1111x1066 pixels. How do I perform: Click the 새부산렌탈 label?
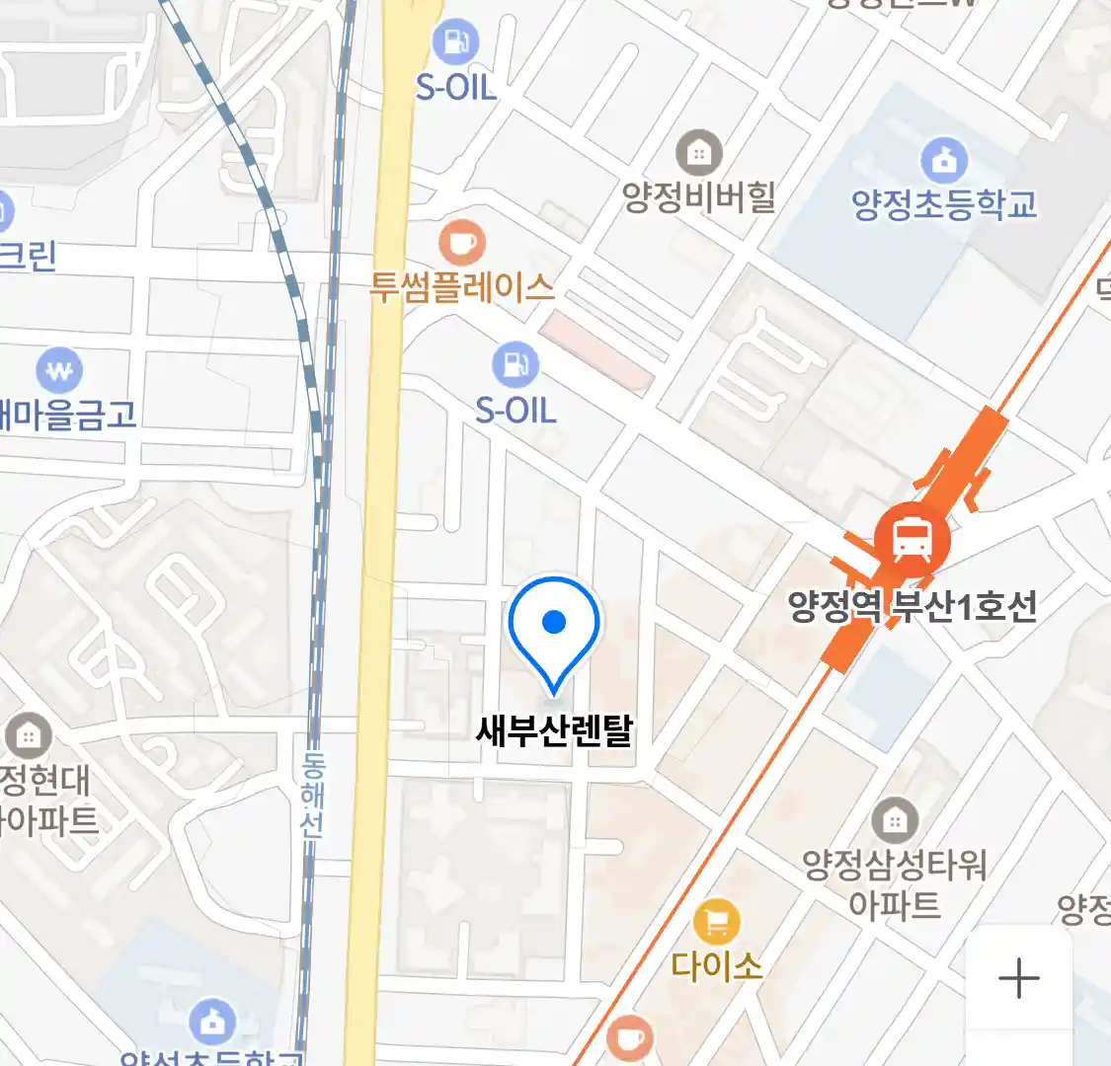point(554,730)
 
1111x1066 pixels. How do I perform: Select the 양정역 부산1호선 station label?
point(913,605)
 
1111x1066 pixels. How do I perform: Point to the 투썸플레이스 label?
point(462,287)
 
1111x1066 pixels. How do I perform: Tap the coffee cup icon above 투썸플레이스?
point(461,242)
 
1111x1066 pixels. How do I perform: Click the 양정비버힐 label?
point(699,197)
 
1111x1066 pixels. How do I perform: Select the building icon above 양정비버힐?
point(699,153)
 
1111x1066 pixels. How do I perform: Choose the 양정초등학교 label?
point(944,204)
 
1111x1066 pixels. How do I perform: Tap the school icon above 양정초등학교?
point(944,159)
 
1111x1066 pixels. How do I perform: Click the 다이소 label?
point(717,964)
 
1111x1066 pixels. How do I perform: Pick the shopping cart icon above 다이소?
point(717,923)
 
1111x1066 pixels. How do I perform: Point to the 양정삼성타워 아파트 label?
point(894,884)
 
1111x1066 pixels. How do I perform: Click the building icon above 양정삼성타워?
point(895,819)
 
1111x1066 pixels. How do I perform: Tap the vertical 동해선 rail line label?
point(313,796)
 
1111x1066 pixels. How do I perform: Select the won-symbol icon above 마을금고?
point(59,372)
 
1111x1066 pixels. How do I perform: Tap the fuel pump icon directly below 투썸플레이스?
point(516,364)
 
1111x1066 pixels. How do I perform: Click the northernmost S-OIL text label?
point(455,87)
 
